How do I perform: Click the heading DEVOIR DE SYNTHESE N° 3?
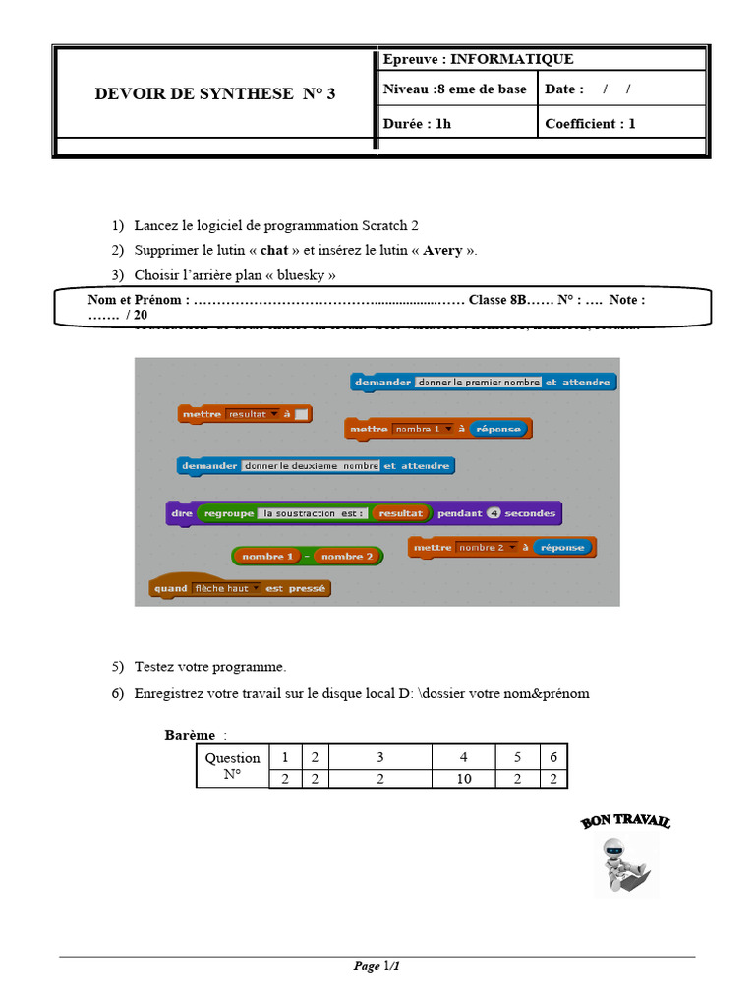click(214, 94)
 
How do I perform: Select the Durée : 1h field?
click(418, 124)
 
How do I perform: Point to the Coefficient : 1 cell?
click(590, 124)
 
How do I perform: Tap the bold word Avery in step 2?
click(442, 250)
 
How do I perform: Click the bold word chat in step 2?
click(274, 250)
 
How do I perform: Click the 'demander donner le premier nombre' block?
click(483, 382)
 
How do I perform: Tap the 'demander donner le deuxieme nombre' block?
click(316, 466)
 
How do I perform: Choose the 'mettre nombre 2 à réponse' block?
click(501, 548)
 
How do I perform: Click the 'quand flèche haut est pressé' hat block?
click(239, 588)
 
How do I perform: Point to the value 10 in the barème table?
click(464, 779)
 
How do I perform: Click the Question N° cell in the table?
click(232, 766)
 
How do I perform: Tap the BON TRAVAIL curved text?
click(625, 821)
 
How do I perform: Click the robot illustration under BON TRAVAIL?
click(625, 865)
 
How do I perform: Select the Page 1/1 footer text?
click(377, 966)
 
